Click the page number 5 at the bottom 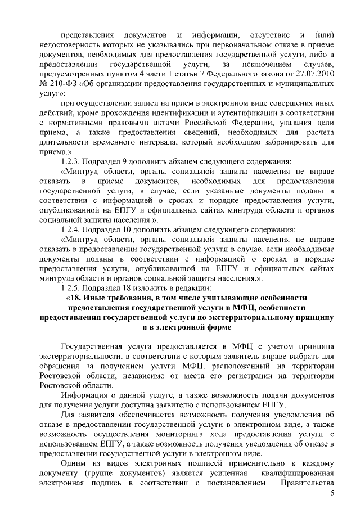(332, 493)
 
